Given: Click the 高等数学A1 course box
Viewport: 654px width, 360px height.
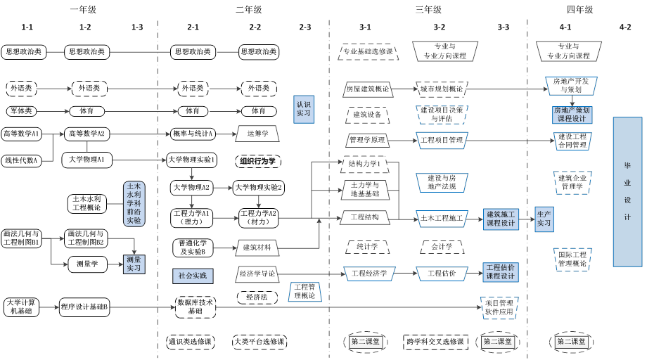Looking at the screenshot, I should click(21, 134).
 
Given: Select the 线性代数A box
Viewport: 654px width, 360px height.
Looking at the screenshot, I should click(21, 160).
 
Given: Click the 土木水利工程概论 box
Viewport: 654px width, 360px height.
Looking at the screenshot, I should click(86, 203).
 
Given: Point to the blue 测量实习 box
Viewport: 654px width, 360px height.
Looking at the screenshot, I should click(133, 263).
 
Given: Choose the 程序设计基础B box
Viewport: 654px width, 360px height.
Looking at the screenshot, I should click(84, 307).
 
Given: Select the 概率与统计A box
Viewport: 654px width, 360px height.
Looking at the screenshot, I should click(193, 134).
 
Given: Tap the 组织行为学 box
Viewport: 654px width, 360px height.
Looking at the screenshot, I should click(257, 161).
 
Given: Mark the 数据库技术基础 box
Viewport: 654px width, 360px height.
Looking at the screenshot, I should click(195, 306).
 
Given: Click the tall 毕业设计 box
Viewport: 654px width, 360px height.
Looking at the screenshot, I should click(627, 192).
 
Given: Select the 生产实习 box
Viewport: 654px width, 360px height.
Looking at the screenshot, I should click(544, 218).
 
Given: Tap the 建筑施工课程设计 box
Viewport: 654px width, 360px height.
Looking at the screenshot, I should click(501, 218).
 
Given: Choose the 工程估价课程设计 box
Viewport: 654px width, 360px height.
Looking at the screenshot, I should click(501, 271).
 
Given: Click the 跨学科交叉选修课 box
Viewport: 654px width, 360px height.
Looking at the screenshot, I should click(435, 342).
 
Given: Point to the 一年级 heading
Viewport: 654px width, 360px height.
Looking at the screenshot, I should click(84, 9).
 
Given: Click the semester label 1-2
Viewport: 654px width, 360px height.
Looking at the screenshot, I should click(85, 27).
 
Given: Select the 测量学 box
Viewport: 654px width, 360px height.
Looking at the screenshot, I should click(87, 264).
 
